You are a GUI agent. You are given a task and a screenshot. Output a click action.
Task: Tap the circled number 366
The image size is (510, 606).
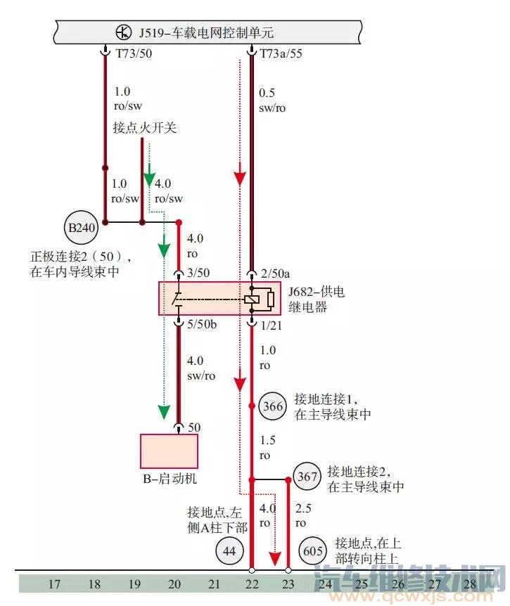[273, 406]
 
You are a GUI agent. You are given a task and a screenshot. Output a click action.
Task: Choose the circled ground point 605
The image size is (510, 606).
[313, 550]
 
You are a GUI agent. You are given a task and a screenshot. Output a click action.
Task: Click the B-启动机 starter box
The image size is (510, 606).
[169, 451]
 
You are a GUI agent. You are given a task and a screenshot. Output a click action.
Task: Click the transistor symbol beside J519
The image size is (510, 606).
[124, 32]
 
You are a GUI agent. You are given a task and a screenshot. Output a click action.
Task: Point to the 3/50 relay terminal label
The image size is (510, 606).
[196, 272]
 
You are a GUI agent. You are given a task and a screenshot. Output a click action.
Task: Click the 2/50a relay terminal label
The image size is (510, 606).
[274, 272]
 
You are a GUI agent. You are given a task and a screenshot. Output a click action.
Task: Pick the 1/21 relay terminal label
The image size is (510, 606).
[271, 325]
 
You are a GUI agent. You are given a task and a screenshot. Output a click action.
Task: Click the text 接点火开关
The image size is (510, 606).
[145, 128]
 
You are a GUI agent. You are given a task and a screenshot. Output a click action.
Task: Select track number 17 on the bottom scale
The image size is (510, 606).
[54, 584]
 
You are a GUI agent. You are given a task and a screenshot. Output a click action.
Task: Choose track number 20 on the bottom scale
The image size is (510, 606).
[174, 584]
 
